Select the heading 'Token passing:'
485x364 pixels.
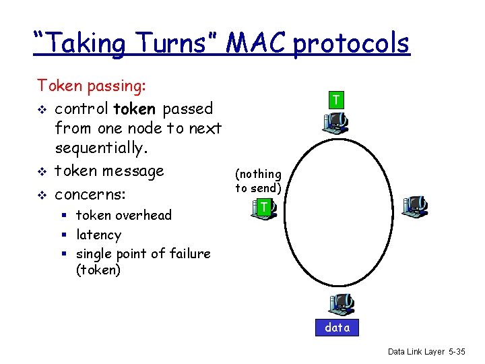pos(92,86)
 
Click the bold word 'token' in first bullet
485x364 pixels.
pos(137,109)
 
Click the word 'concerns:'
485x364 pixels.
pos(100,195)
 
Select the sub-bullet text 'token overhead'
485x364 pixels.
pos(124,215)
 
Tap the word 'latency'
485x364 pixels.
pos(98,235)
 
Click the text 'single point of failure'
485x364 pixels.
pos(143,253)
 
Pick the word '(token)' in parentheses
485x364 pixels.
pos(98,270)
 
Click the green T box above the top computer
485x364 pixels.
pos(335,100)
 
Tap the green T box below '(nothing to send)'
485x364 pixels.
pos(265,208)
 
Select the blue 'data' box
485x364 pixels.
pos(337,328)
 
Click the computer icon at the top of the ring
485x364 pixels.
pos(335,121)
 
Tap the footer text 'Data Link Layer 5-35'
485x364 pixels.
pos(426,352)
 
